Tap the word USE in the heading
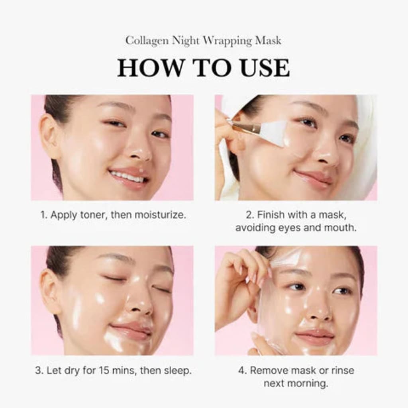pos(264,68)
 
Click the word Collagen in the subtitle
pos(147,41)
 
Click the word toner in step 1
pos(94,215)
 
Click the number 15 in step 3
pos(104,370)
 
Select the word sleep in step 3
pos(178,370)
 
